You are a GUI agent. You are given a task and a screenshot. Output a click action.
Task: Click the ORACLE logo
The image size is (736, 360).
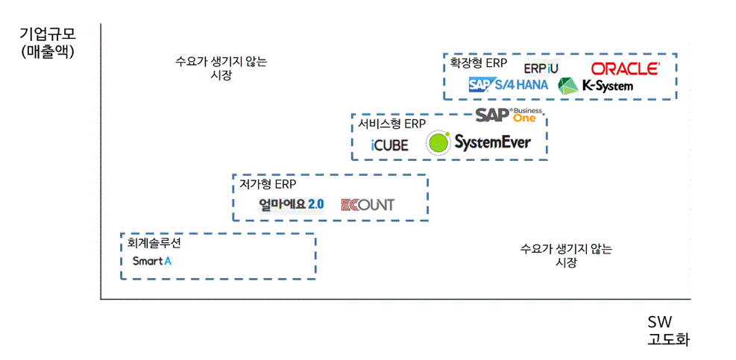(625, 69)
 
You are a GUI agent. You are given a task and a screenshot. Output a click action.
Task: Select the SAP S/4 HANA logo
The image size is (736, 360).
(508, 85)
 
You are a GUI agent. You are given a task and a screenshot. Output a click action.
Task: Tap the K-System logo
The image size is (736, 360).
(596, 86)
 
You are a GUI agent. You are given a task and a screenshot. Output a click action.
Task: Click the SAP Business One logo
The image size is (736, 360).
(511, 115)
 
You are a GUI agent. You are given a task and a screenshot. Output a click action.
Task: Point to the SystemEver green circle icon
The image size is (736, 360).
(438, 142)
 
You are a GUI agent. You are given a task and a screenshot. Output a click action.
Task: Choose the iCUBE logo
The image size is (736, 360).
(389, 145)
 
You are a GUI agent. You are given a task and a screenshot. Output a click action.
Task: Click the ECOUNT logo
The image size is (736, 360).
(367, 204)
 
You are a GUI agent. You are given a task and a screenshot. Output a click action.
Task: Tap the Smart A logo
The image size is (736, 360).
(151, 261)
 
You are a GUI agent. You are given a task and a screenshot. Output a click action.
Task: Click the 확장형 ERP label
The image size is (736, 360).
(478, 63)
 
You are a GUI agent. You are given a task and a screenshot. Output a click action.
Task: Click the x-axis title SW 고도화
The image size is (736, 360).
(665, 331)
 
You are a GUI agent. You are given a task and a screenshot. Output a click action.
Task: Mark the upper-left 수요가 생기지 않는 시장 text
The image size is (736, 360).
(221, 68)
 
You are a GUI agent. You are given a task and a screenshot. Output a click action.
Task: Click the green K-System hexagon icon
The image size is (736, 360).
(568, 86)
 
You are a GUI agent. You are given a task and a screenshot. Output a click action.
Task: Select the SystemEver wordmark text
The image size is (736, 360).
(492, 142)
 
